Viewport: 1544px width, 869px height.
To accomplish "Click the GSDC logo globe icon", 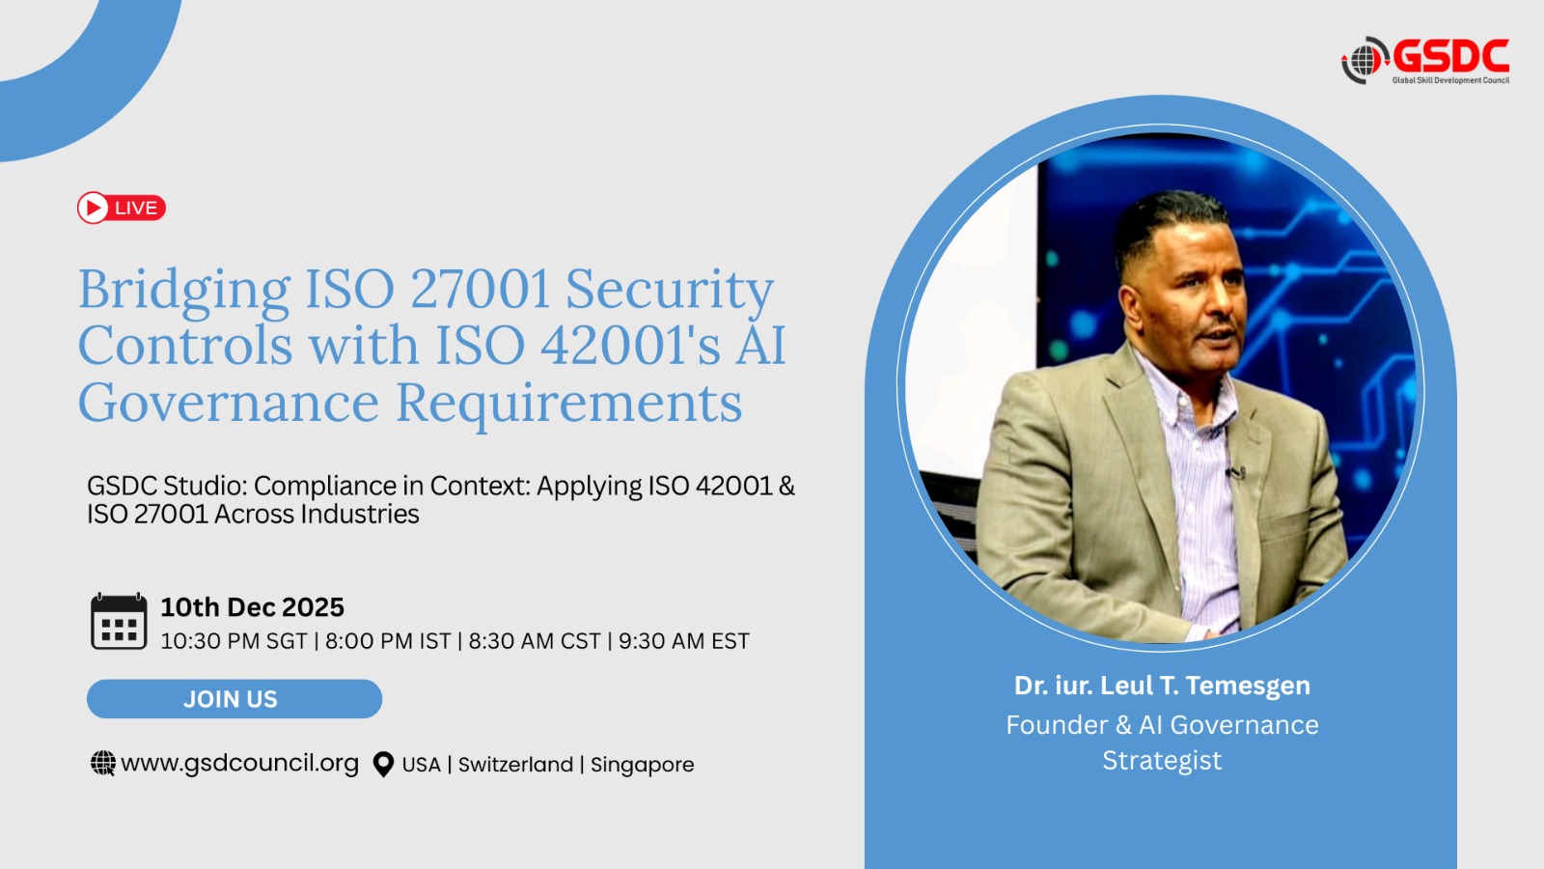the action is point(1365,61).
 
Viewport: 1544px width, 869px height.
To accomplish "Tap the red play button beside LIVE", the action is point(93,208).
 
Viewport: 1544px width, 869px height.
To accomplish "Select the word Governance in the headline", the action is point(229,402).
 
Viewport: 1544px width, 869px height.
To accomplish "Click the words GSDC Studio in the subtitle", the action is point(165,487).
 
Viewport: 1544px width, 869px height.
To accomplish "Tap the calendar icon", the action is point(119,621).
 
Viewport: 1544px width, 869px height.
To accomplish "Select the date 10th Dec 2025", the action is point(252,607).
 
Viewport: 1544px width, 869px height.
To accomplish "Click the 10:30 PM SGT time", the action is point(234,641).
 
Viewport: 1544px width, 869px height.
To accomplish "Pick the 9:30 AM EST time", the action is point(684,641).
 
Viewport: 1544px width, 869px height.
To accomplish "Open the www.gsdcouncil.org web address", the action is point(240,763).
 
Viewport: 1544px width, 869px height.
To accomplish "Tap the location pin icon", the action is point(383,764).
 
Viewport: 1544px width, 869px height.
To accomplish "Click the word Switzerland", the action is point(515,764).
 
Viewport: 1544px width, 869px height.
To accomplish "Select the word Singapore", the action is point(643,765).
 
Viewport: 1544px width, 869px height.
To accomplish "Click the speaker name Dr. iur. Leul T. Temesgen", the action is point(1162,685).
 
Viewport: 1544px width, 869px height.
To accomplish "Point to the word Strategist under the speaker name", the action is point(1162,760).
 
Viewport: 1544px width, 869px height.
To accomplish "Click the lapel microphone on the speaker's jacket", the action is point(1234,472).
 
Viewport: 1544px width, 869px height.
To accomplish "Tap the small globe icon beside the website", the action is point(103,764).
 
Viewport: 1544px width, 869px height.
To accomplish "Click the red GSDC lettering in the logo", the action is point(1450,56).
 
